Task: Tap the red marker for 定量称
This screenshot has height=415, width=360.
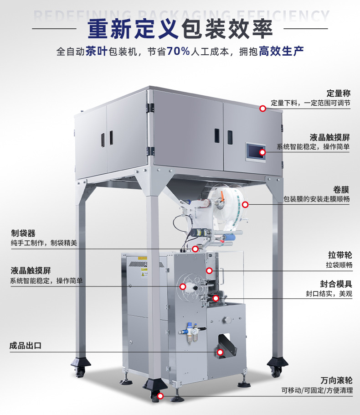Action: point(262,109)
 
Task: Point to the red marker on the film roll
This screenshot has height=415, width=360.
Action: point(245,204)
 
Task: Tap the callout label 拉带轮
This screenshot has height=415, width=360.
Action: point(340,255)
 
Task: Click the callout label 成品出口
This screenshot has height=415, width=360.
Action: point(26,345)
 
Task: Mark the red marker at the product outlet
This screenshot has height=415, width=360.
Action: point(220,352)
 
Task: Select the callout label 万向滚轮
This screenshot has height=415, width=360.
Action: point(336,380)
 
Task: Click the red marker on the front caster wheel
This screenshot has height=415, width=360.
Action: point(160,396)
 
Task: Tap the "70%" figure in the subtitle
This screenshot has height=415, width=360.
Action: point(179,51)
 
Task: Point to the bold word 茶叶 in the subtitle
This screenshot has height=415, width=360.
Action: point(96,51)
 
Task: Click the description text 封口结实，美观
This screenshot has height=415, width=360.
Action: point(329,294)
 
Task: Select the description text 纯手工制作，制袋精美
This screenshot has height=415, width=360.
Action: point(44,243)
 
